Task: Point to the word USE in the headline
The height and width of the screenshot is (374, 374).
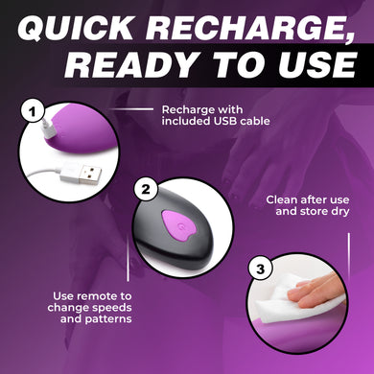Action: tap(315, 64)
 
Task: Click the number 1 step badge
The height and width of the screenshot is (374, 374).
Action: tap(32, 112)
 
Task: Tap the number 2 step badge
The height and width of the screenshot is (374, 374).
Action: tap(146, 189)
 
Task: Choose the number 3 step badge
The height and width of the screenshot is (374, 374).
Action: tap(261, 269)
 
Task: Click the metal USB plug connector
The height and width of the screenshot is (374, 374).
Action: tap(90, 175)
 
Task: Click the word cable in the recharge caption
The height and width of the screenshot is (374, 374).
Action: tap(255, 121)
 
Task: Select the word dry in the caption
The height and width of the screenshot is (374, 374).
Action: tap(339, 212)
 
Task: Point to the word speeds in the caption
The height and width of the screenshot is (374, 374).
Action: tap(112, 308)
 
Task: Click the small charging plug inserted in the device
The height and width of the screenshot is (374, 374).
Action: tap(49, 129)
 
